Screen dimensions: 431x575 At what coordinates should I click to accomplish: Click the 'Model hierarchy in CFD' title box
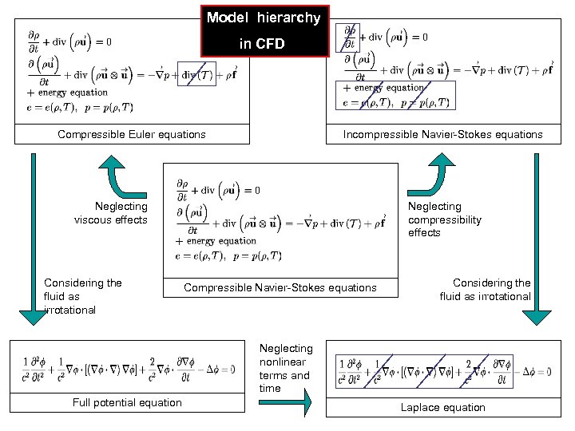pyautogui.click(x=264, y=30)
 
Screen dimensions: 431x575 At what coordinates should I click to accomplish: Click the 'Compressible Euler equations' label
pyautogui.click(x=132, y=134)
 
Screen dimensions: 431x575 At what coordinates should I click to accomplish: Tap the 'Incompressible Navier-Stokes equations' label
pyautogui.click(x=442, y=134)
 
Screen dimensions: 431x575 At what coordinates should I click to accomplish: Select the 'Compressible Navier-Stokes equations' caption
pyautogui.click(x=280, y=287)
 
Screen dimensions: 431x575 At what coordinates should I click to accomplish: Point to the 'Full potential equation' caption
pyautogui.click(x=127, y=402)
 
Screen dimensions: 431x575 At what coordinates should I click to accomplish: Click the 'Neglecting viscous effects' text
pyautogui.click(x=111, y=213)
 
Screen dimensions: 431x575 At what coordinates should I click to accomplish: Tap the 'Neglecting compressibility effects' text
pyautogui.click(x=445, y=219)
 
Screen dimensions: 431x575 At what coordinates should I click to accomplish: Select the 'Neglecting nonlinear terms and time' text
pyautogui.click(x=286, y=368)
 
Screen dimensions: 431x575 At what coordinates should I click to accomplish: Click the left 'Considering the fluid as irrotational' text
pyautogui.click(x=82, y=296)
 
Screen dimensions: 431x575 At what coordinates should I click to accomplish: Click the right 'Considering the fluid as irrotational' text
pyautogui.click(x=486, y=290)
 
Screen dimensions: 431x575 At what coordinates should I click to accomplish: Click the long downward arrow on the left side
pyautogui.click(x=33, y=239)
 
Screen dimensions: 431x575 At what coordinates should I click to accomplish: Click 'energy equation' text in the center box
pyautogui.click(x=221, y=241)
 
